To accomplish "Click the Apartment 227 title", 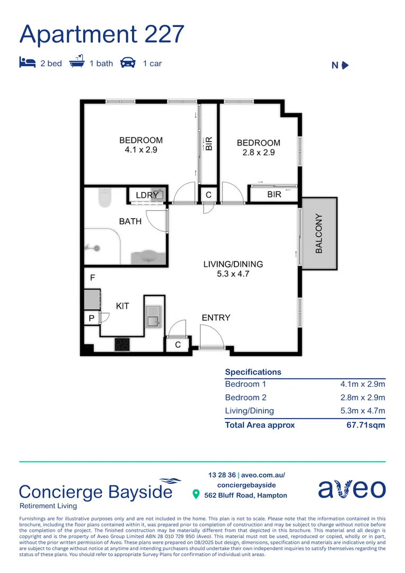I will pyautogui.click(x=102, y=34).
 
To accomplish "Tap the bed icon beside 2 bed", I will pyautogui.click(x=27, y=63).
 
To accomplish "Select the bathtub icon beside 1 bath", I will pyautogui.click(x=77, y=62).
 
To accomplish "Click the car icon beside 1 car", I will pyautogui.click(x=128, y=63).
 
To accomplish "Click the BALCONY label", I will pyautogui.click(x=319, y=233).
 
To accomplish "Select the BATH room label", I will pyautogui.click(x=130, y=221).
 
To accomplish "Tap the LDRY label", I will pyautogui.click(x=146, y=195).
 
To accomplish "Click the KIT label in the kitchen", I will pyautogui.click(x=122, y=306).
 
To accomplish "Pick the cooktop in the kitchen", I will pyautogui.click(x=122, y=344).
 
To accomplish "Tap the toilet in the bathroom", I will pyautogui.click(x=105, y=197).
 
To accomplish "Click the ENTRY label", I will pyautogui.click(x=216, y=317).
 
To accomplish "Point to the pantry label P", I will pyautogui.click(x=92, y=318).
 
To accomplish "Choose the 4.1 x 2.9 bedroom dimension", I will pyautogui.click(x=141, y=150).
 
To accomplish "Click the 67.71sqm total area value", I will pyautogui.click(x=366, y=424).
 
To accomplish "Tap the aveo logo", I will pyautogui.click(x=351, y=489).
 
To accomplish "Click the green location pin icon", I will pyautogui.click(x=196, y=494).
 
